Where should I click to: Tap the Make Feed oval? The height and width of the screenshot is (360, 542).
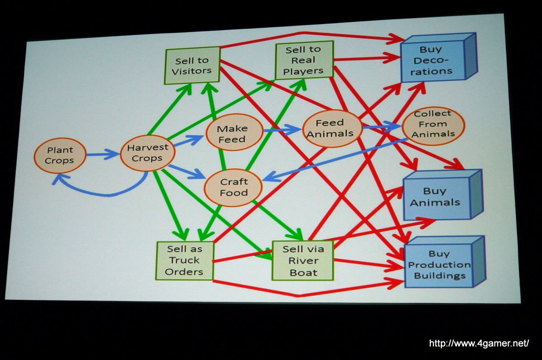click(234, 134)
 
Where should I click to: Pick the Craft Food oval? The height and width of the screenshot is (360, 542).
click(234, 187)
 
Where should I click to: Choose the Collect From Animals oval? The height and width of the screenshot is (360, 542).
click(433, 125)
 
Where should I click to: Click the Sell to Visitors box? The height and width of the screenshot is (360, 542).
click(192, 66)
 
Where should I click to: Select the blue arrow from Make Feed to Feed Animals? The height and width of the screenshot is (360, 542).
click(282, 131)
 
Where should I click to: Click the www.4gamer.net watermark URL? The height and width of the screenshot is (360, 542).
click(478, 344)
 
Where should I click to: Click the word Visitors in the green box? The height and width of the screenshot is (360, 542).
click(192, 71)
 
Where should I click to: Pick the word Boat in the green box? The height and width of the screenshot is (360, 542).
click(303, 272)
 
